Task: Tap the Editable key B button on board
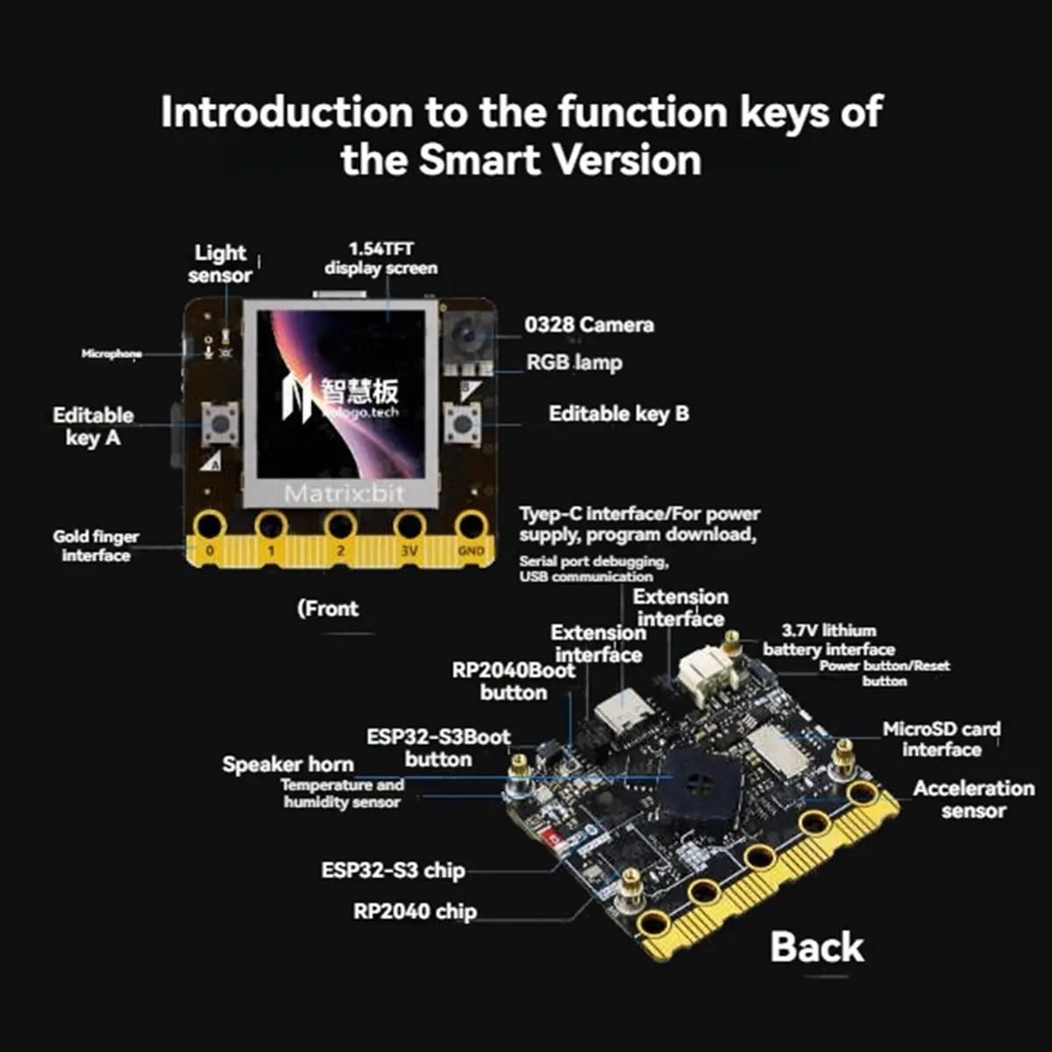coord(461,424)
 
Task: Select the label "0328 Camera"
coord(589,325)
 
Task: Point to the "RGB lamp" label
coord(574,362)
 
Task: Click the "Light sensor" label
coord(220,264)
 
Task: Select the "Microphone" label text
coord(111,354)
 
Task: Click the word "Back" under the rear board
coord(816,948)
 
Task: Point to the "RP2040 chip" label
coord(415,912)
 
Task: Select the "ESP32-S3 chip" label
coord(393,871)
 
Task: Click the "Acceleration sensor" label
coord(973,799)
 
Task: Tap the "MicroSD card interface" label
coord(942,739)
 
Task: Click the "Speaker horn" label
coord(288,764)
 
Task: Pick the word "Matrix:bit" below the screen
coord(345,494)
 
